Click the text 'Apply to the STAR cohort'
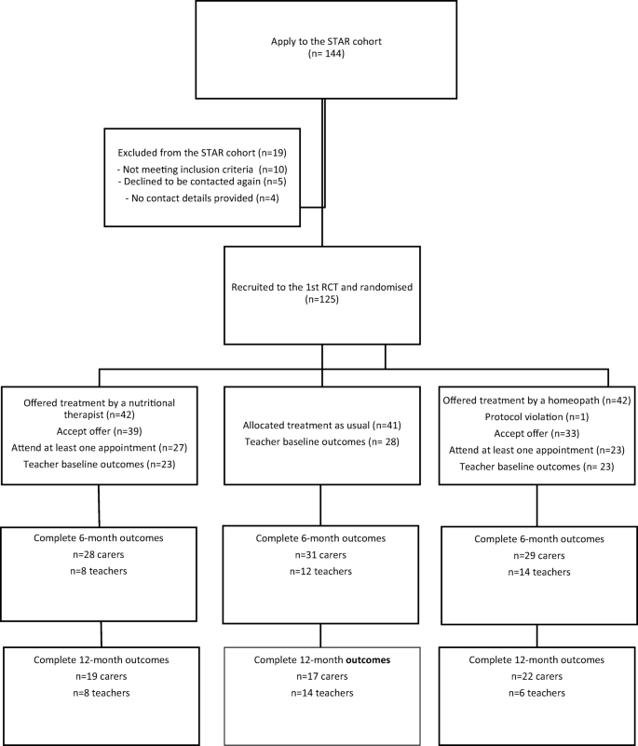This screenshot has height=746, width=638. (321, 42)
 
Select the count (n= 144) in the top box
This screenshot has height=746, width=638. (321, 57)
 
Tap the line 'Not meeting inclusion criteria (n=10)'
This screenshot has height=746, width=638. (201, 166)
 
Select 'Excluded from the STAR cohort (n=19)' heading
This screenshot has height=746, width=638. (201, 149)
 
